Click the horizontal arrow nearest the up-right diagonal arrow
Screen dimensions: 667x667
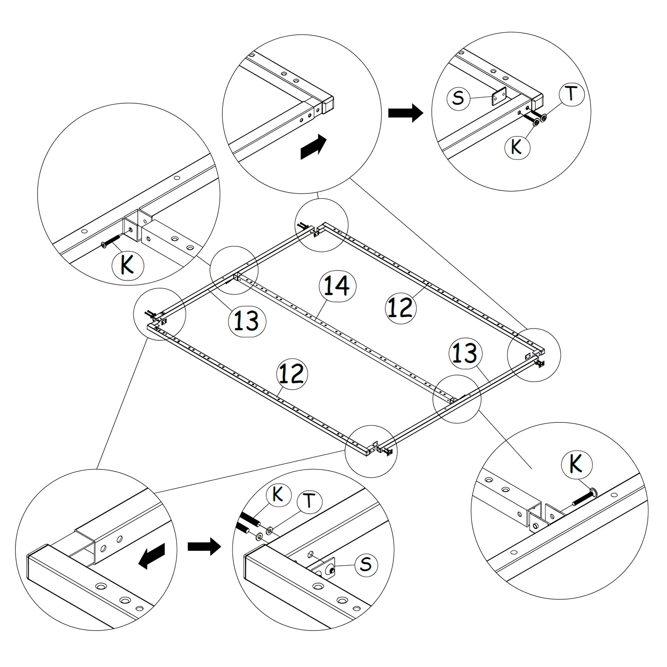[406, 113]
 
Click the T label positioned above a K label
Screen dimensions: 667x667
[571, 94]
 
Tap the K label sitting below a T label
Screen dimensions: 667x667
[517, 147]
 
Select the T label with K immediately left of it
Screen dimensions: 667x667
[309, 501]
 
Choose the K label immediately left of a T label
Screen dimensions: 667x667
[278, 494]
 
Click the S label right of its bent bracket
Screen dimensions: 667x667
[366, 564]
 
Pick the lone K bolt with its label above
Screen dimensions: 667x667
[585, 499]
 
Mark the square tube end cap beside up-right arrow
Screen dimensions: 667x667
[328, 104]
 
